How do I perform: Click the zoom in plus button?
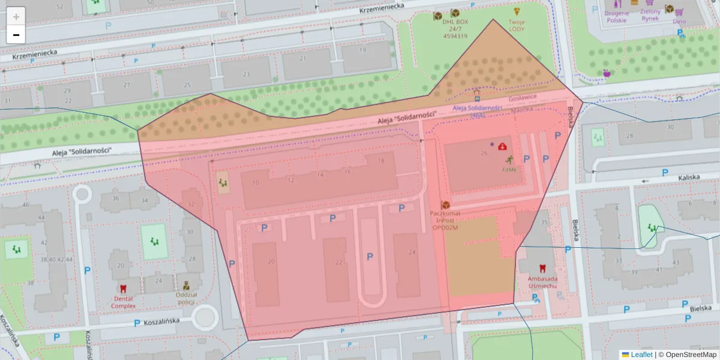(16, 16)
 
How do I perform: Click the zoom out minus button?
(16, 35)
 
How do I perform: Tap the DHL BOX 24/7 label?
(455, 29)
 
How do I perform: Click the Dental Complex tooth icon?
(123, 289)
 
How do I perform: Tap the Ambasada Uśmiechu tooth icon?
(542, 269)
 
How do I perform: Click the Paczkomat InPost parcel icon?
(445, 205)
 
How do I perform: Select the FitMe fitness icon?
(509, 160)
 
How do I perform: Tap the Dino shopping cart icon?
(679, 11)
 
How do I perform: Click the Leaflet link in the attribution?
(641, 355)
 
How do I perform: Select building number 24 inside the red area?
(412, 252)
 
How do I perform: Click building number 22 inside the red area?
(339, 262)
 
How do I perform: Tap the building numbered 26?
(484, 153)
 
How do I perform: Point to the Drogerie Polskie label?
(616, 16)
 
